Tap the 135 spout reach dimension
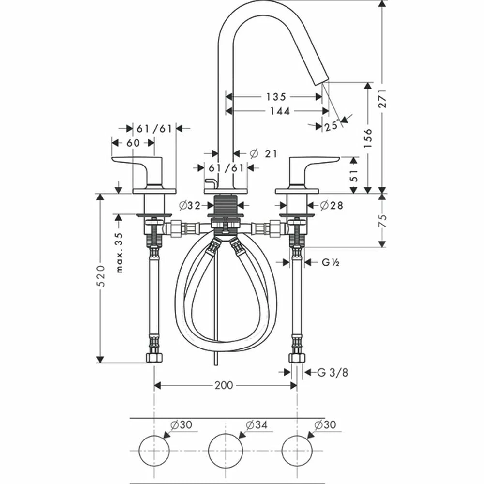pyautogui.click(x=275, y=97)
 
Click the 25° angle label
pyautogui.click(x=332, y=126)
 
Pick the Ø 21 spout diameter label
pyautogui.click(x=264, y=153)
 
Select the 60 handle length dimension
pyautogui.click(x=133, y=143)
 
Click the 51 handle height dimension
pyautogui.click(x=354, y=175)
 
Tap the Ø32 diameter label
pyautogui.click(x=189, y=205)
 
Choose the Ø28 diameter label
pyautogui.click(x=332, y=205)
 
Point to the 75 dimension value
pyautogui.click(x=383, y=221)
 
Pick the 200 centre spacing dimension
pyautogui.click(x=224, y=385)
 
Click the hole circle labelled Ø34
pyautogui.click(x=225, y=450)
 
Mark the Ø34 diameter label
pyautogui.click(x=256, y=425)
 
